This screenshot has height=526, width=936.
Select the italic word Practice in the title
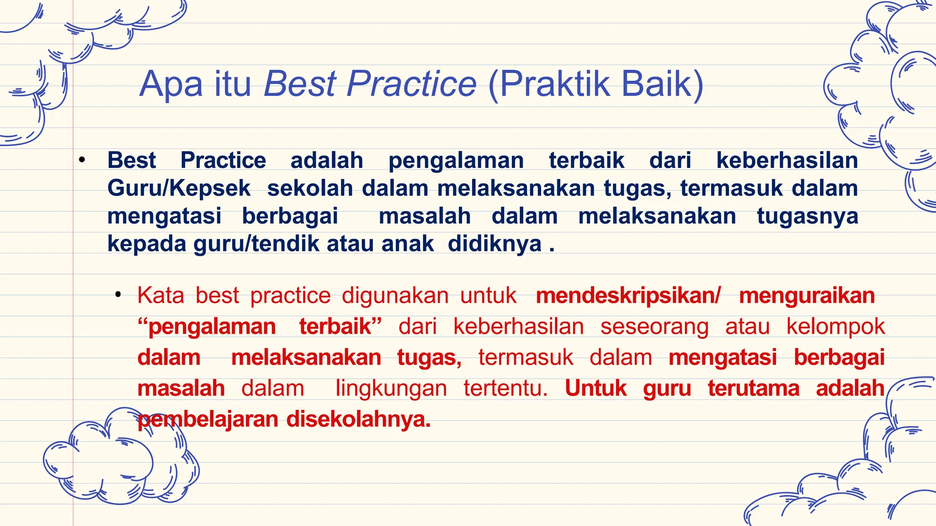(411, 84)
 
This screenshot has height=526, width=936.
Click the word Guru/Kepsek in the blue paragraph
(179, 189)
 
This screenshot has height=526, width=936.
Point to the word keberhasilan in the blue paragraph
(787, 161)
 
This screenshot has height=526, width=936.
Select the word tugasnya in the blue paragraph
(807, 216)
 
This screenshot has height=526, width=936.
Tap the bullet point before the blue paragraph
(82, 160)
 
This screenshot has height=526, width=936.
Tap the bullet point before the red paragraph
(118, 295)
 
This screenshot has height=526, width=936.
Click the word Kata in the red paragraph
(160, 295)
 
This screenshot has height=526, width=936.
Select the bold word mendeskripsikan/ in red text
(628, 296)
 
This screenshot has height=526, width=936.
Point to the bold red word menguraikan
(807, 296)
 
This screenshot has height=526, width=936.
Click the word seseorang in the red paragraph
(654, 327)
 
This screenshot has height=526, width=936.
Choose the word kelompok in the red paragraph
(835, 327)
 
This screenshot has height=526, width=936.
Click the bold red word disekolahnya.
(358, 419)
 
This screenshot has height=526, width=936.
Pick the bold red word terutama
(754, 389)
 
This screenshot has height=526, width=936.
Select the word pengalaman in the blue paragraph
(456, 161)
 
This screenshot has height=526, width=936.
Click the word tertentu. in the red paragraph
(505, 389)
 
